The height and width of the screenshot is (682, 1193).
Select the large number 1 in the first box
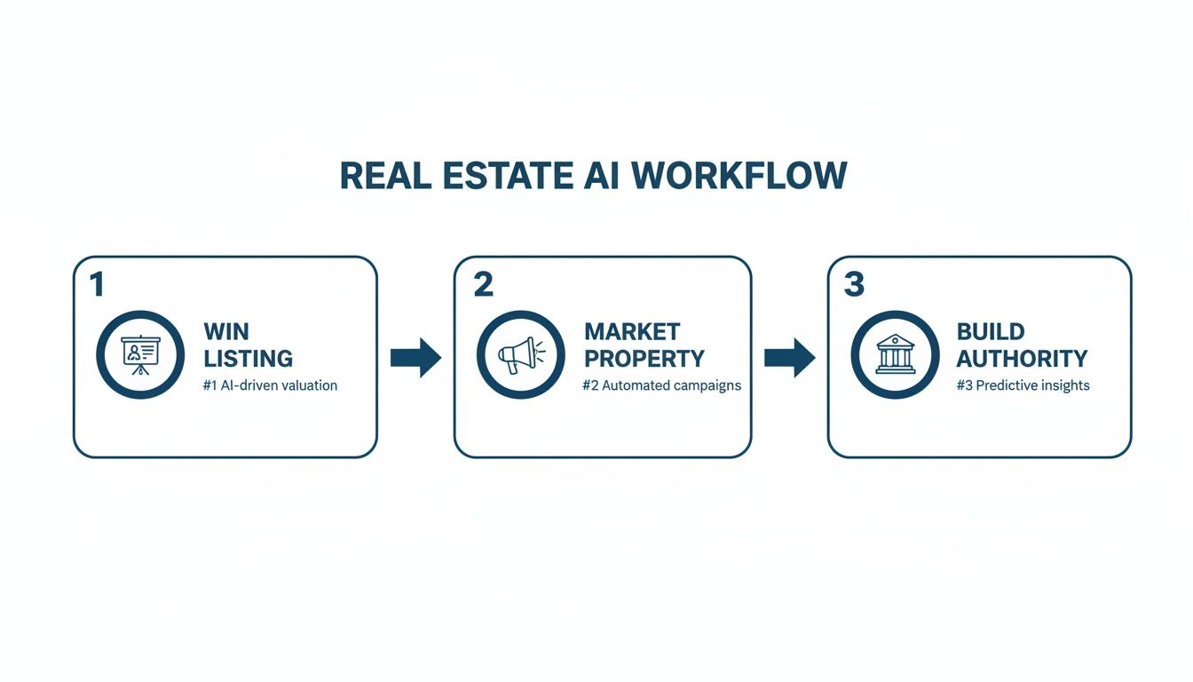[97, 284]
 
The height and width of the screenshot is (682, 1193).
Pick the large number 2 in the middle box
[482, 284]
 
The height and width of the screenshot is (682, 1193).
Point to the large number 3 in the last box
[853, 284]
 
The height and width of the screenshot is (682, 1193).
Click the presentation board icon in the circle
[139, 354]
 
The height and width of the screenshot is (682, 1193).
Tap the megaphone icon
[519, 355]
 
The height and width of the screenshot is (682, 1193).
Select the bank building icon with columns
[895, 355]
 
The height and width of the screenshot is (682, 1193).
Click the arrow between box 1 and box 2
[415, 358]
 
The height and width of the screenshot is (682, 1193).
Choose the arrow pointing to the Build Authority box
[789, 358]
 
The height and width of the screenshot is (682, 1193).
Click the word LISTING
[248, 359]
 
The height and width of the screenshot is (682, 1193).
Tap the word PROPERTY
[644, 359]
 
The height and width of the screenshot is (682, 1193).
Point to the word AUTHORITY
[1022, 359]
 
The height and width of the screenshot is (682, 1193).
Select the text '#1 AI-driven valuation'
[270, 385]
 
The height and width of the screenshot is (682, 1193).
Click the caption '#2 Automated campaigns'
[661, 385]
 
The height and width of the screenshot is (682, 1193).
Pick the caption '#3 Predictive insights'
[1023, 385]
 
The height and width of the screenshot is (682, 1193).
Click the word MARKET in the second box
[632, 332]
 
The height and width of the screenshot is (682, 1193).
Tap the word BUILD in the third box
[991, 332]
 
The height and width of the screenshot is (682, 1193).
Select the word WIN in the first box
[226, 332]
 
